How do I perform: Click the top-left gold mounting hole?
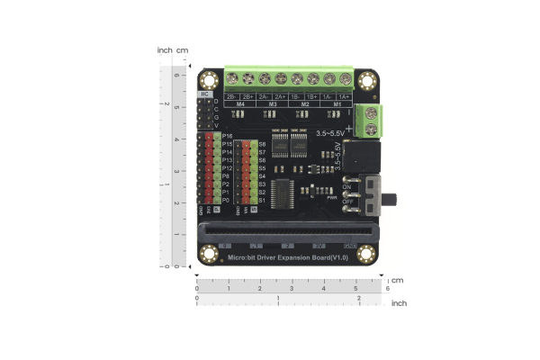coord(209,80)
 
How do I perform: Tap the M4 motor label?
coord(239,105)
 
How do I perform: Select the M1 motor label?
coord(336,105)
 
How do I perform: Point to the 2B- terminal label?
coord(231,96)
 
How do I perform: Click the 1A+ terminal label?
coord(344,96)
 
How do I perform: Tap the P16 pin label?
coord(228,136)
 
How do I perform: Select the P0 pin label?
coord(226,201)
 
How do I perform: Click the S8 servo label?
coord(262,144)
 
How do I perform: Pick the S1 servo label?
coord(262,200)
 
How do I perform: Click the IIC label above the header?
coord(204,93)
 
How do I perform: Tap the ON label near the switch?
coord(346,186)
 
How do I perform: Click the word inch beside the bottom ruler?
coord(399,303)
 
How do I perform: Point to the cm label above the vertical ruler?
coord(183,50)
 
